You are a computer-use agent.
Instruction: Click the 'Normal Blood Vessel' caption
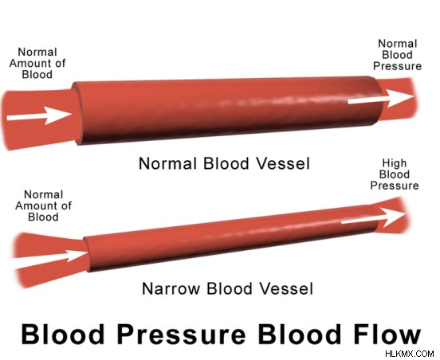[225, 163]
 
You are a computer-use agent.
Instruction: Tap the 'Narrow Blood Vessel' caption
[228, 288]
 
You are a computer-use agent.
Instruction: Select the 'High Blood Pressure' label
[395, 174]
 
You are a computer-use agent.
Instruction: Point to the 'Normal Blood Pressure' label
[397, 55]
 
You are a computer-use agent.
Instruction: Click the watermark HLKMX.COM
[410, 354]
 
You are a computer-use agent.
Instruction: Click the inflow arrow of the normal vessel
[39, 115]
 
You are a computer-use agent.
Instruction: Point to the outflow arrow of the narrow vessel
[374, 217]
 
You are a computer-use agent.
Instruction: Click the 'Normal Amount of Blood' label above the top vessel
[37, 64]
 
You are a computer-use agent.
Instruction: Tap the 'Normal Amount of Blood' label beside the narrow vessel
[43, 205]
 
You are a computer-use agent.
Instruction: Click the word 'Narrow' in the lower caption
[171, 288]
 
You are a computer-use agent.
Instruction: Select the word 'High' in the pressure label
[395, 163]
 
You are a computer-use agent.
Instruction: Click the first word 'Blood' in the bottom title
[63, 334]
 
